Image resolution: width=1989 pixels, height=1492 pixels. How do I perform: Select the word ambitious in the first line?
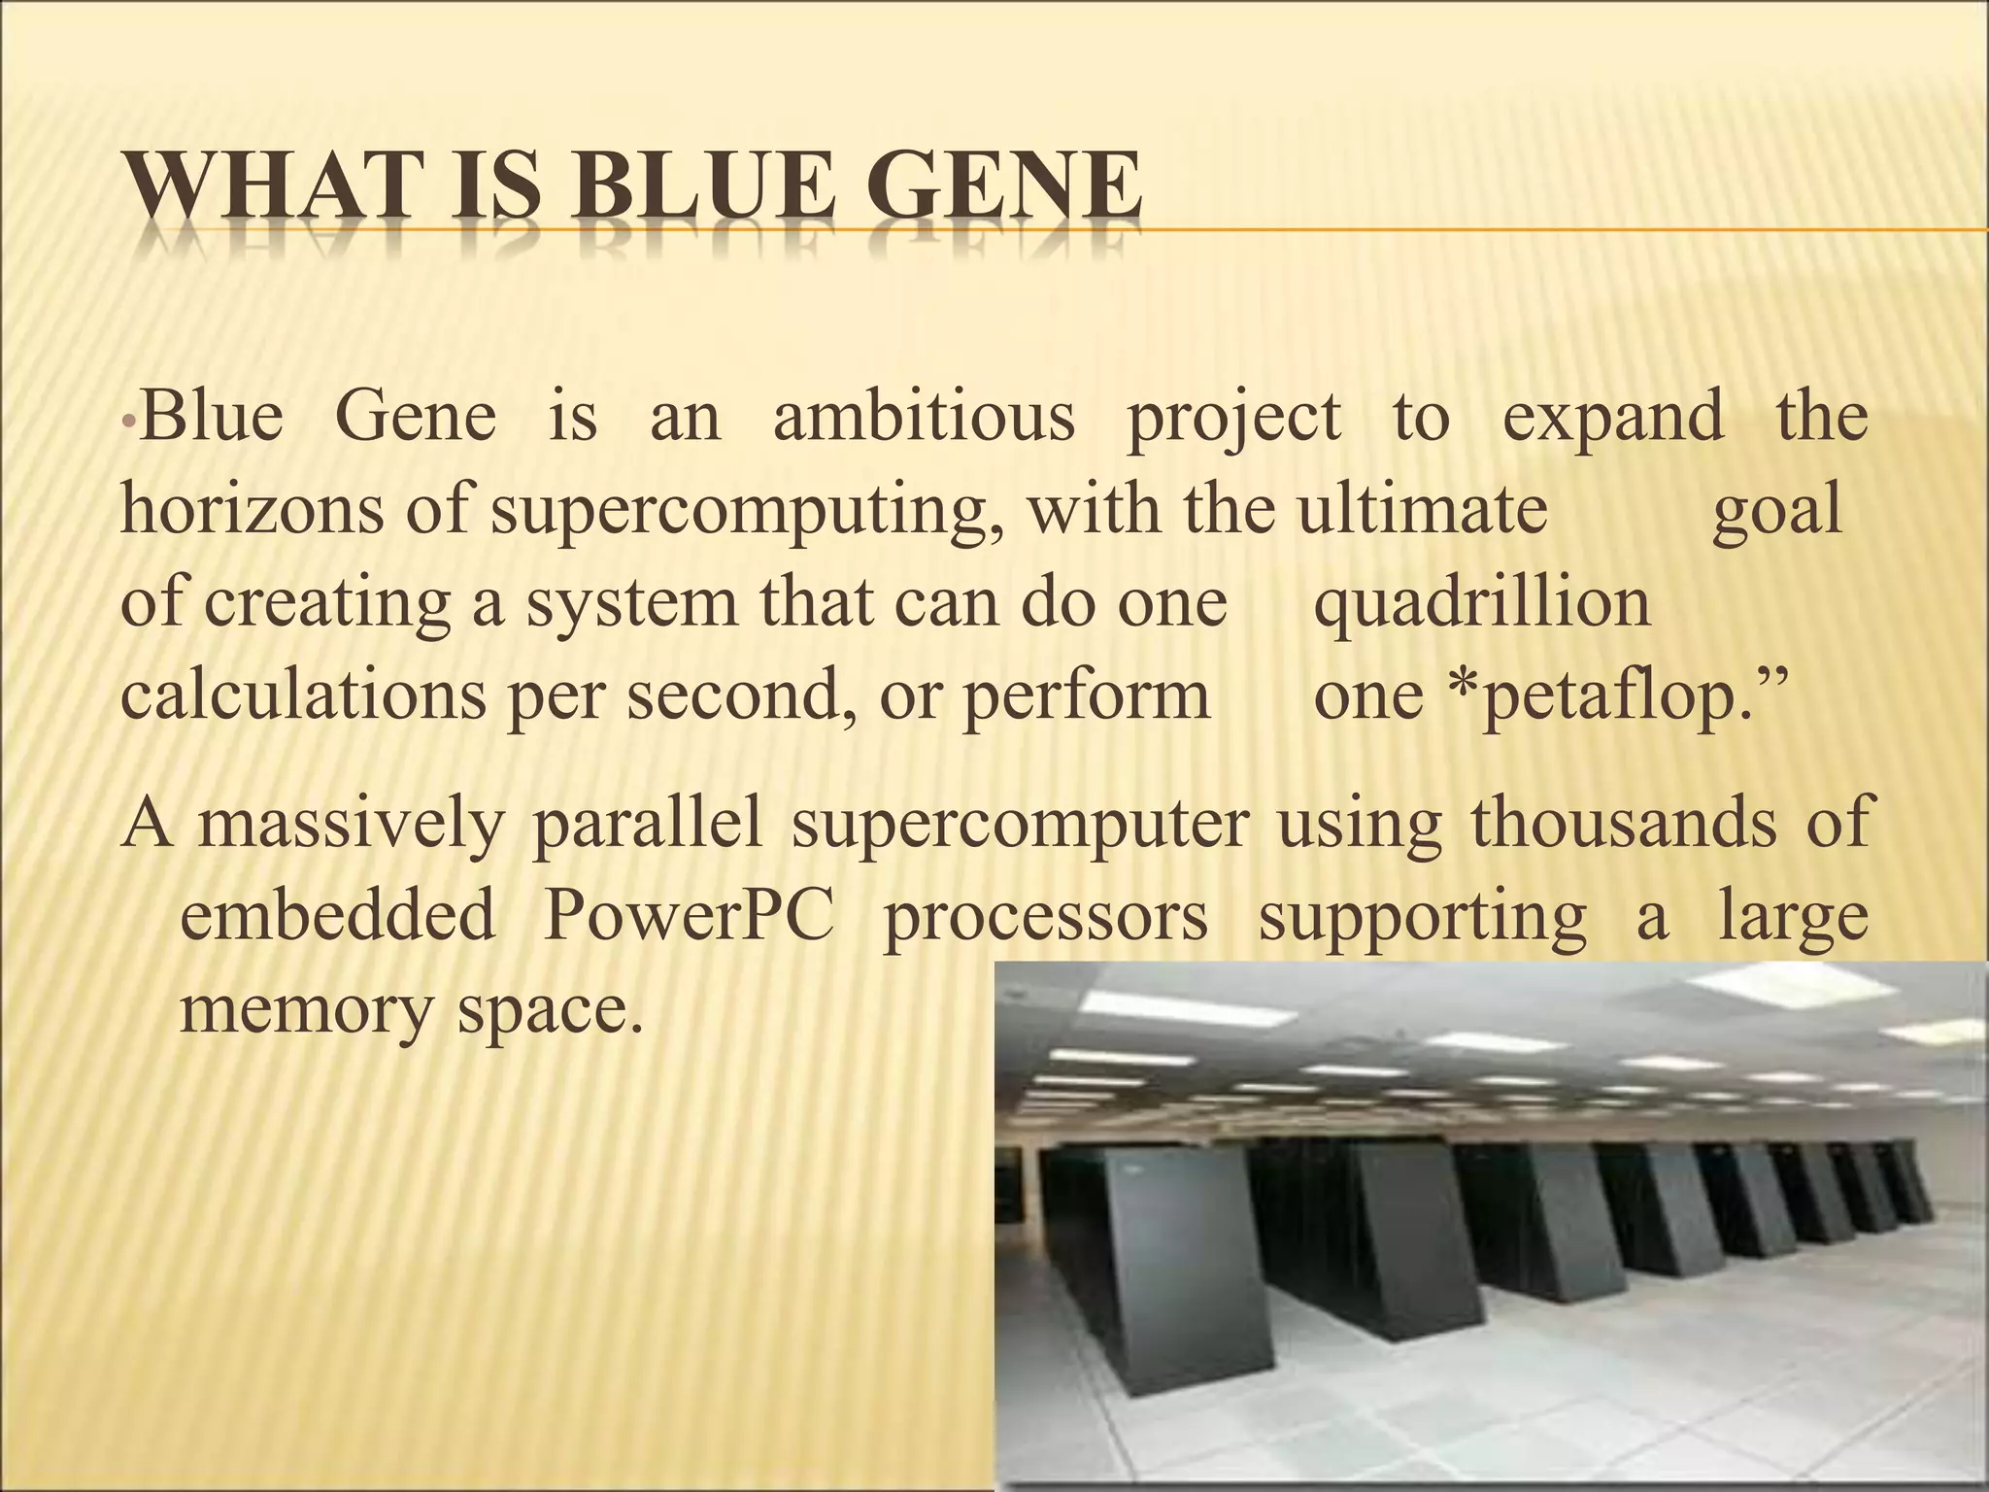point(924,417)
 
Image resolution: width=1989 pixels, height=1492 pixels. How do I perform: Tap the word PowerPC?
point(688,917)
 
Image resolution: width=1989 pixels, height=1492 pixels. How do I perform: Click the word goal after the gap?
point(1776,511)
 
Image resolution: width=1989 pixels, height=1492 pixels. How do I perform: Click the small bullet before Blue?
point(127,421)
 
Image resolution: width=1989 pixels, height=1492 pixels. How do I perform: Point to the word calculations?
point(302,696)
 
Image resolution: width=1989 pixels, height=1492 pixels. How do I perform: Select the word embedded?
point(337,915)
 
